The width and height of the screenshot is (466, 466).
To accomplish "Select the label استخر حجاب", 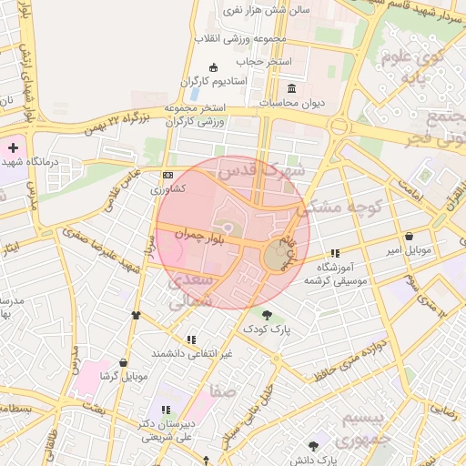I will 264,61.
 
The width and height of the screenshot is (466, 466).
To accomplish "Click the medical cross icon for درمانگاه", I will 13,147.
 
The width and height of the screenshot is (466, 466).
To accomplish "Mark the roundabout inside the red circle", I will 276,256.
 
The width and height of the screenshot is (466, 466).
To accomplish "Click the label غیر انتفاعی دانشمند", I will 192,353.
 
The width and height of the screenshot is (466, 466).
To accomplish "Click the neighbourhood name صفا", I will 224,391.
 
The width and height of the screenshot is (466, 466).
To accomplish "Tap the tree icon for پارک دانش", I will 314,446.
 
